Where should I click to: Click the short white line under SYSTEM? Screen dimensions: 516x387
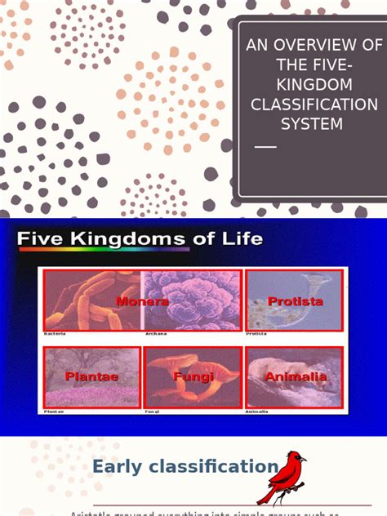tap(266, 147)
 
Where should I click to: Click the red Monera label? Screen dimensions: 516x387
tap(142, 301)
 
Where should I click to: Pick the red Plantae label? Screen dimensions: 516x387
tap(91, 376)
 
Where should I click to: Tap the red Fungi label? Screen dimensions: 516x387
tap(193, 376)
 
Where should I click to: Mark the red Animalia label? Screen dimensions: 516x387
tap(296, 376)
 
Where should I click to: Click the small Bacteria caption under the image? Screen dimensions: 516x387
tap(55, 333)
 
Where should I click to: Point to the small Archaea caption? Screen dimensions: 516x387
tap(155, 333)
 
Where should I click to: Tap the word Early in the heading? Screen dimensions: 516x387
tap(120, 467)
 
